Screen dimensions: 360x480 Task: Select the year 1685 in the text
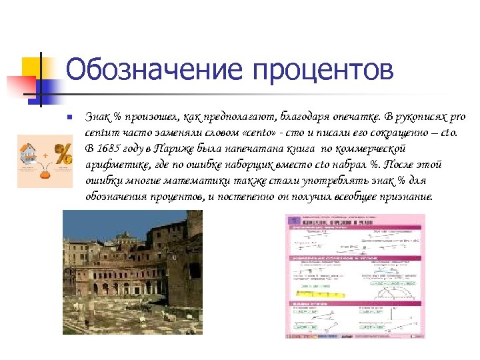pyautogui.click(x=111, y=148)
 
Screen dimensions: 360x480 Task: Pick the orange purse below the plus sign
pyautogui.click(x=46, y=175)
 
